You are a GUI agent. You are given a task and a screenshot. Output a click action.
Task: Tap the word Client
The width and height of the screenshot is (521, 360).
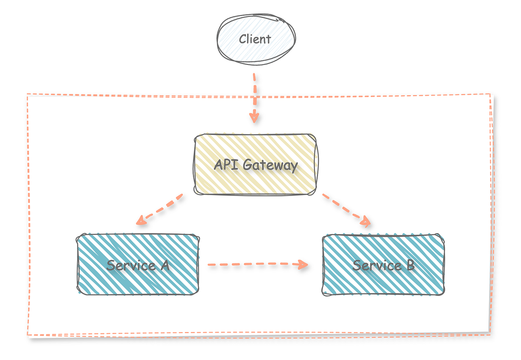pos(255,39)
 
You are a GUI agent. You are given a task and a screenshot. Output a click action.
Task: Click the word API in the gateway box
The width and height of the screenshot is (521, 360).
pos(226,165)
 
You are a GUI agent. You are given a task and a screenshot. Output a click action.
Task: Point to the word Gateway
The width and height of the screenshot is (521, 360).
pos(270,166)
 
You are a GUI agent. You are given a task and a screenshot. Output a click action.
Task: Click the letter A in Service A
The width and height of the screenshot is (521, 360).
pos(165,265)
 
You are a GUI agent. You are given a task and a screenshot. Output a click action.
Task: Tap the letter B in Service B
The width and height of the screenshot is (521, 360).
pos(411,265)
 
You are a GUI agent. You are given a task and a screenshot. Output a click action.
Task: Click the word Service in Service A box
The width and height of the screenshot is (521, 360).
pos(131,265)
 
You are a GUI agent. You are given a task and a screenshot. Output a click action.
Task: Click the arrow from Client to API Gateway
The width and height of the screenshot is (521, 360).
pos(254,96)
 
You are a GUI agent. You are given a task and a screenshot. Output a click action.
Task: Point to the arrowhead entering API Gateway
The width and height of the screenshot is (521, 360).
pos(254,117)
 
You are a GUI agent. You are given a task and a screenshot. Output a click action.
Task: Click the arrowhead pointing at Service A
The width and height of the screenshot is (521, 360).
pos(140,220)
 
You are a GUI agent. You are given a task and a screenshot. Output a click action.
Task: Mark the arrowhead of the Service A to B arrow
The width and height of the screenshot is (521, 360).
pos(303,264)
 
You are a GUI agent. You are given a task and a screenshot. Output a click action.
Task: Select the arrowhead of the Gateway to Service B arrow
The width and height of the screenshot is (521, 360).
pos(366,222)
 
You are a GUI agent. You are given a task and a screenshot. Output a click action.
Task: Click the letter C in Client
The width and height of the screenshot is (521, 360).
pos(242,39)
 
